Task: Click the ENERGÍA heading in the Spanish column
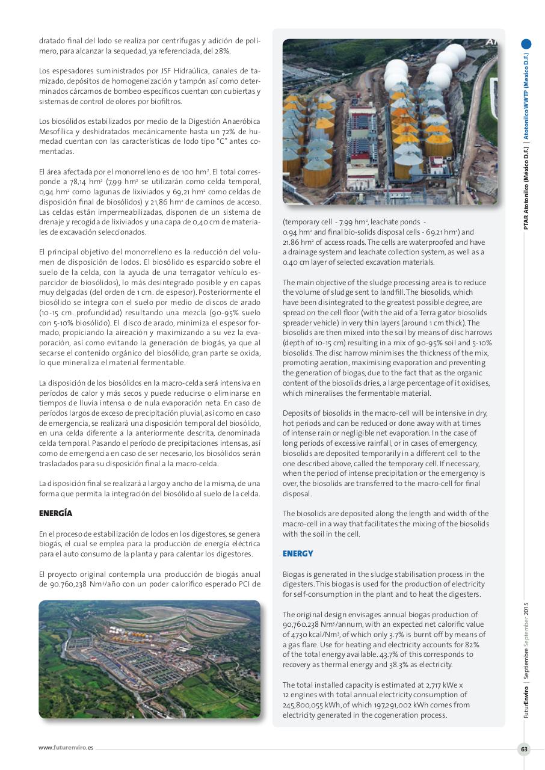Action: pos(55,514)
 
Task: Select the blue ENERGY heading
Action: pos(298,553)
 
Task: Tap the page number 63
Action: pos(524,749)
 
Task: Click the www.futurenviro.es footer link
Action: pos(66,748)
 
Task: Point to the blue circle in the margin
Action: pos(526,44)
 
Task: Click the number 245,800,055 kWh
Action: pos(310,705)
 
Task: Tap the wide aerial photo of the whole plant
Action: pos(149,659)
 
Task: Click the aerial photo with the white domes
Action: pos(390,122)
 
